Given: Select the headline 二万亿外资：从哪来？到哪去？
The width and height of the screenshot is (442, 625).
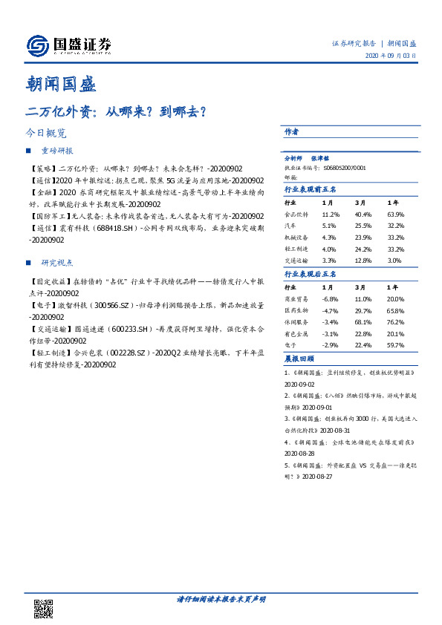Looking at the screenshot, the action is coord(116,111).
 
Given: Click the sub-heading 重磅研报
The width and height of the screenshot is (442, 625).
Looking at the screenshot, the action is coord(56,151).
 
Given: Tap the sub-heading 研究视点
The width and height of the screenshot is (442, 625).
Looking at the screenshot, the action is coord(56,263).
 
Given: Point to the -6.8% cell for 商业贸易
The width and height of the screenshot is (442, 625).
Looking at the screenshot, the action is coord(330,298).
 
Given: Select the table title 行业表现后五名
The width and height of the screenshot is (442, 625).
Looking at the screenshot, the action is coord(311,275).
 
